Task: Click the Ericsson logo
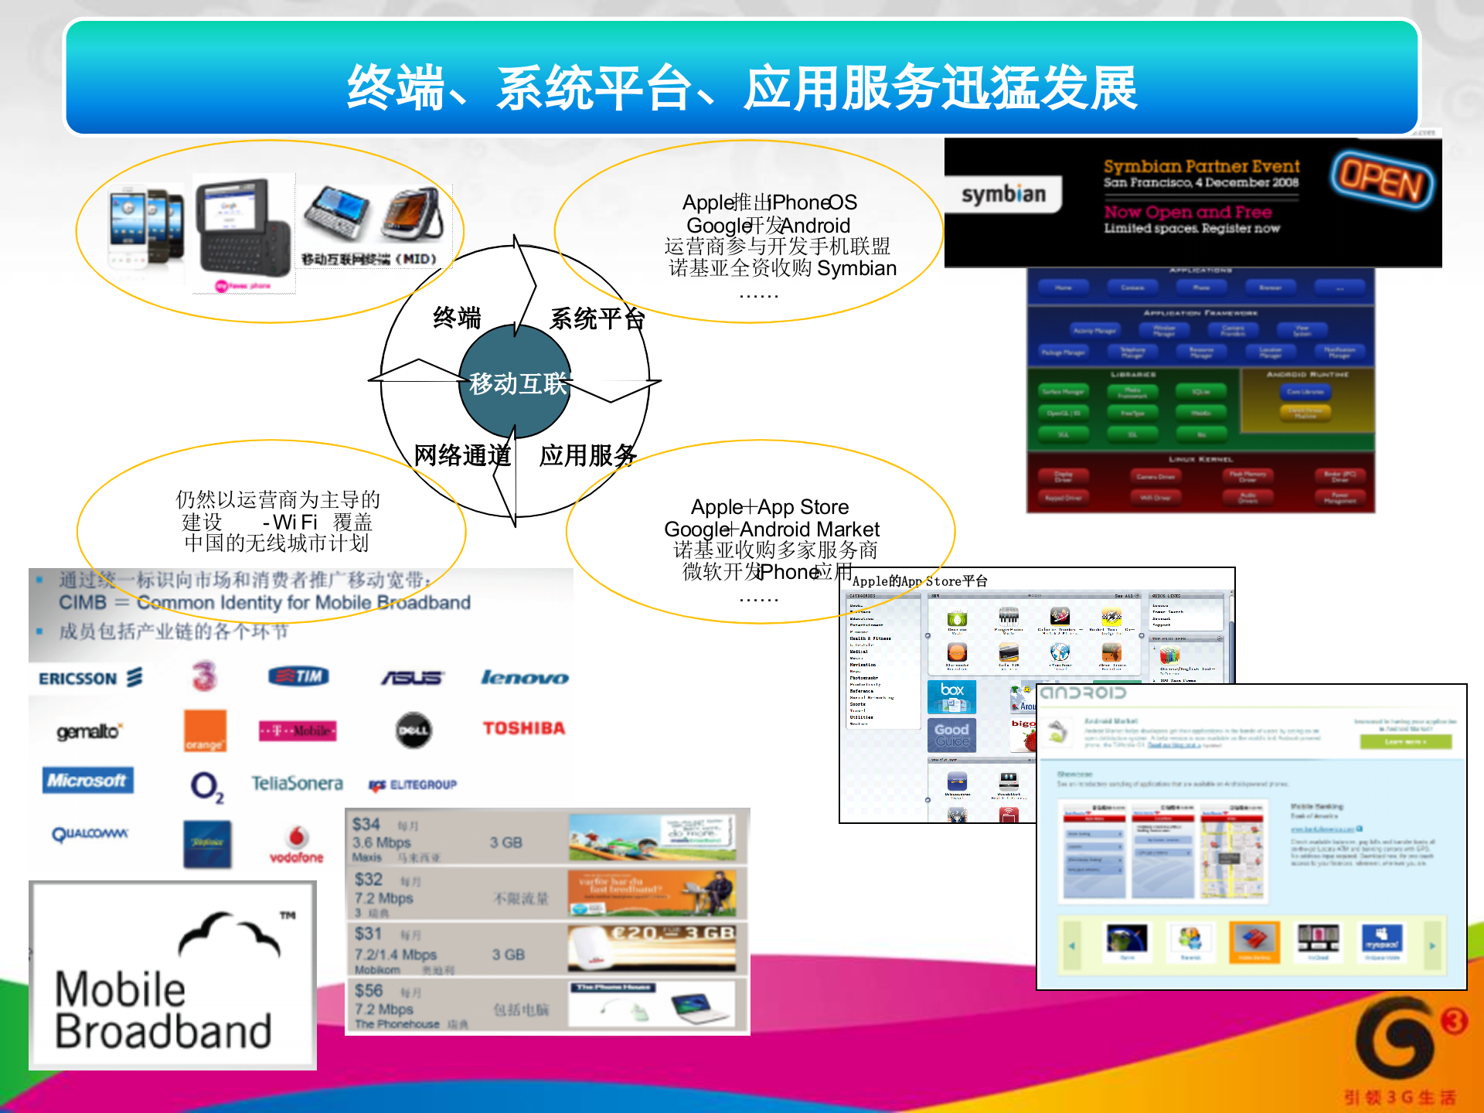[90, 678]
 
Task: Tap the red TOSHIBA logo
[523, 728]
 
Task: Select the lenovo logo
[524, 678]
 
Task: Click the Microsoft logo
[87, 781]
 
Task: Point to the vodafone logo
[297, 845]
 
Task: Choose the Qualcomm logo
[90, 834]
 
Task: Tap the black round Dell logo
[414, 730]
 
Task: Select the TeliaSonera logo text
[297, 784]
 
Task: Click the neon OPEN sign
[1382, 180]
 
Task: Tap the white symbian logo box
[1003, 194]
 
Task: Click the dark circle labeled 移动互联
[516, 382]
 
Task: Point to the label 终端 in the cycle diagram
[457, 318]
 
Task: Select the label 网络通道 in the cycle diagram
[462, 455]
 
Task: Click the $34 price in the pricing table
[366, 824]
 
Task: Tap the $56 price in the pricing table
[369, 991]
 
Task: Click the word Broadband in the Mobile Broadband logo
[163, 1031]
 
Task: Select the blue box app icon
[952, 696]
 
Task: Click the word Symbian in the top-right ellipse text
[856, 268]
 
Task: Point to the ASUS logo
[412, 678]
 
